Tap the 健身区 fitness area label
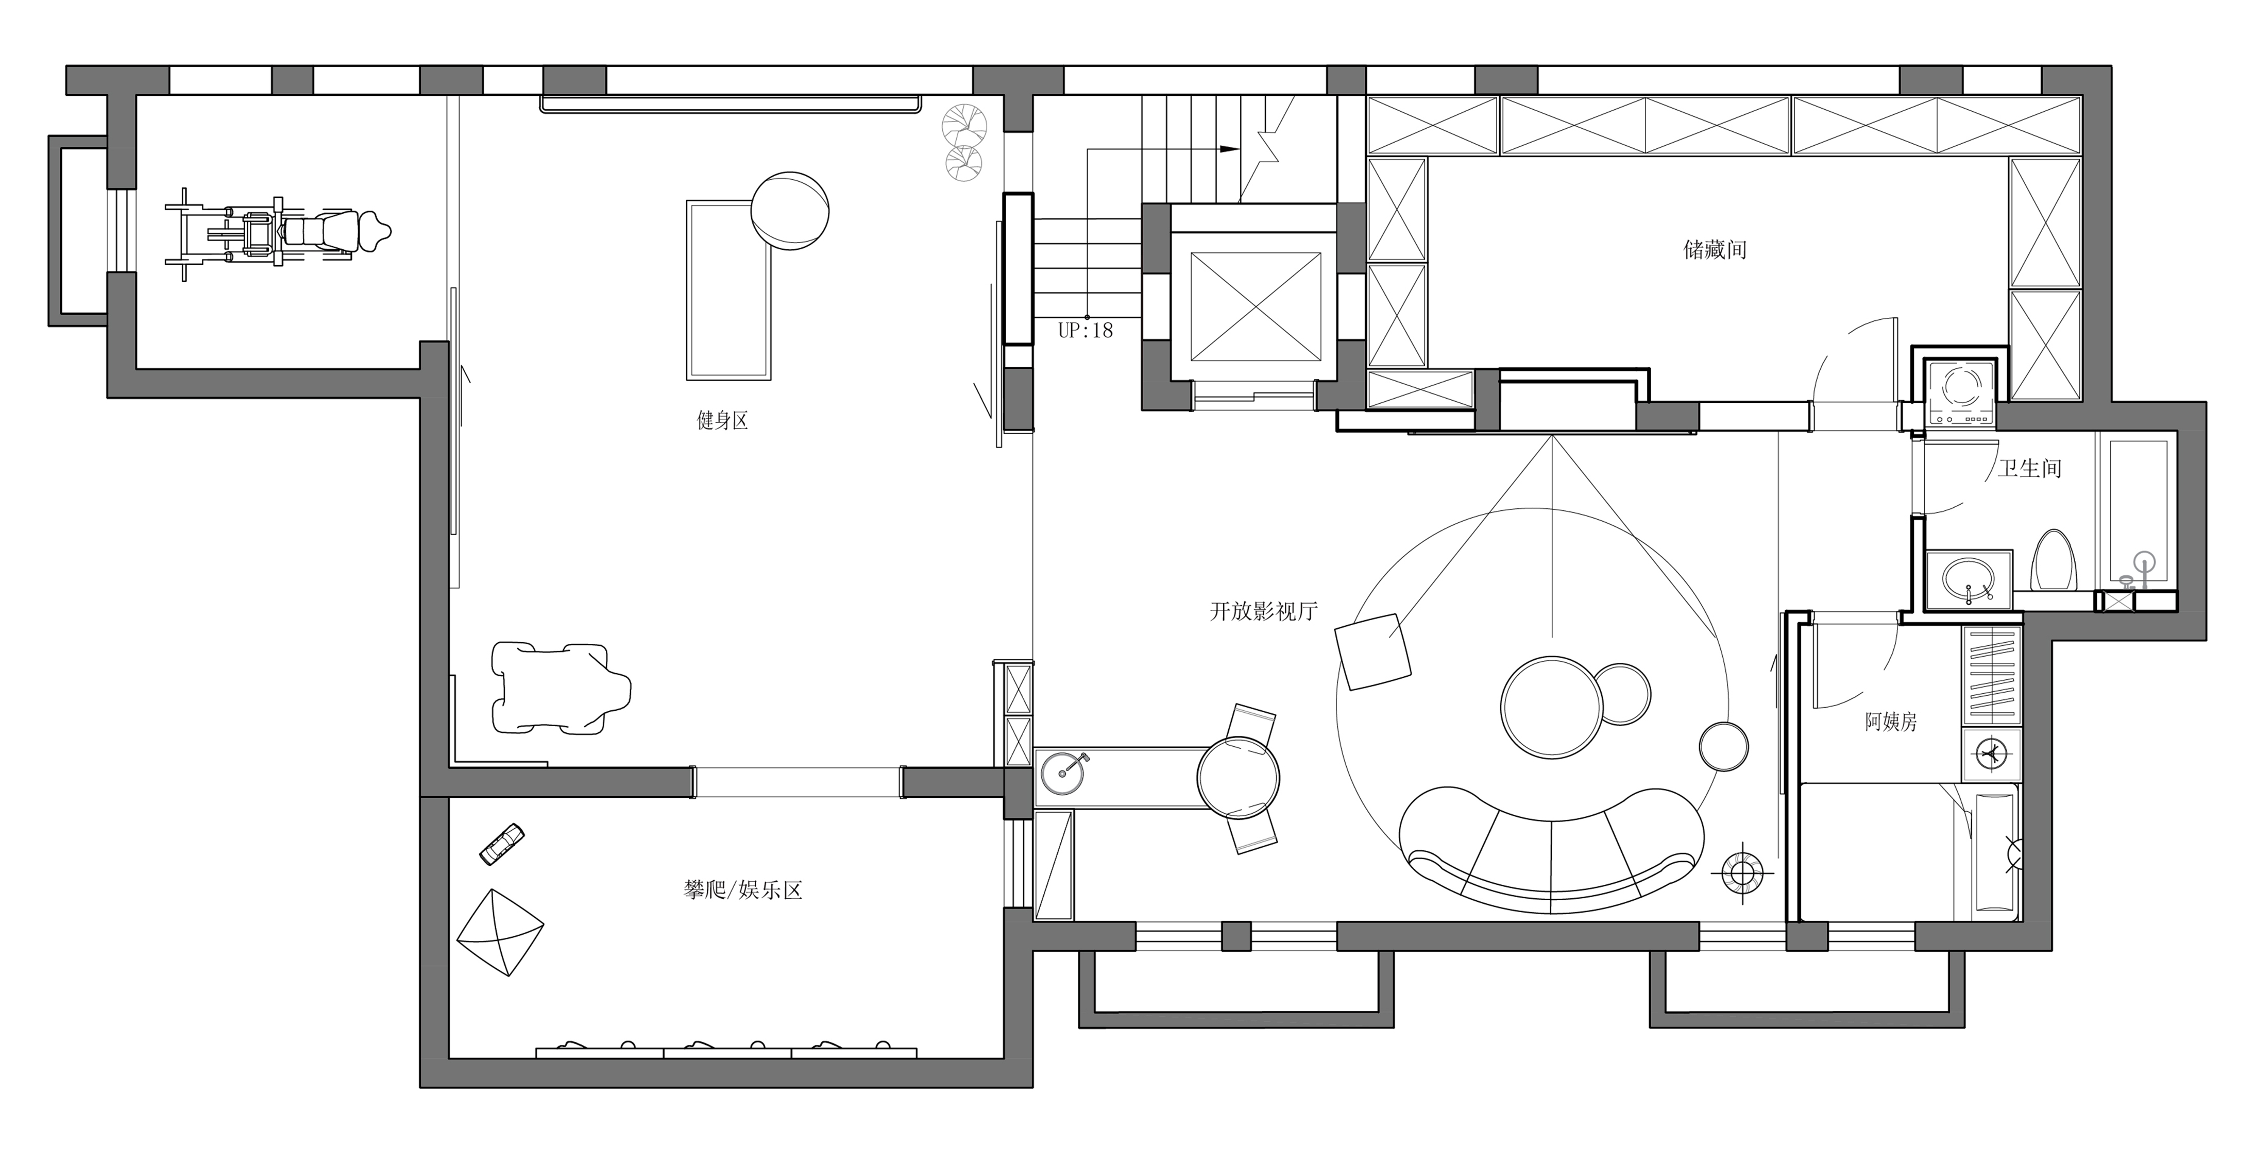click(722, 421)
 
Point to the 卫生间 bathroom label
click(2029, 469)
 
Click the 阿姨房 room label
click(1891, 722)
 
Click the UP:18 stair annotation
click(1086, 331)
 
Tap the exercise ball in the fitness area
click(790, 211)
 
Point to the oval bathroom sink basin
click(1969, 579)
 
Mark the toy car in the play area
click(502, 844)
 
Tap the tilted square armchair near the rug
click(1372, 652)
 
